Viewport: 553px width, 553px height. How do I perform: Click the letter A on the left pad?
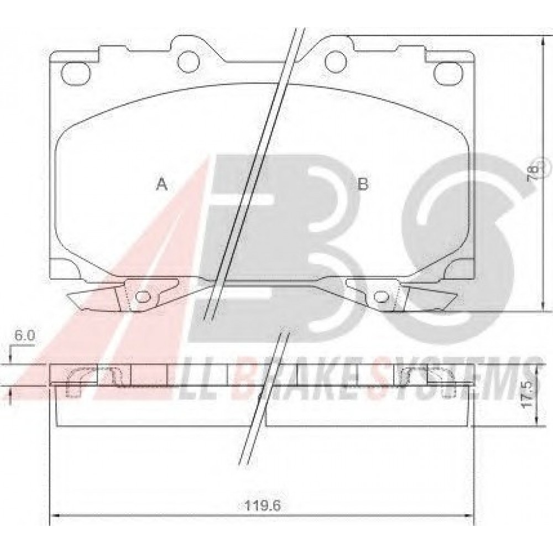pyautogui.click(x=162, y=184)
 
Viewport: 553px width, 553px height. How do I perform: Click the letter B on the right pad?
pyautogui.click(x=363, y=184)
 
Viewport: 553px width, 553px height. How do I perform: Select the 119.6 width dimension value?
pyautogui.click(x=262, y=507)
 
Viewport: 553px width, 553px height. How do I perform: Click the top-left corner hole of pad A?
pyautogui.click(x=76, y=73)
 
